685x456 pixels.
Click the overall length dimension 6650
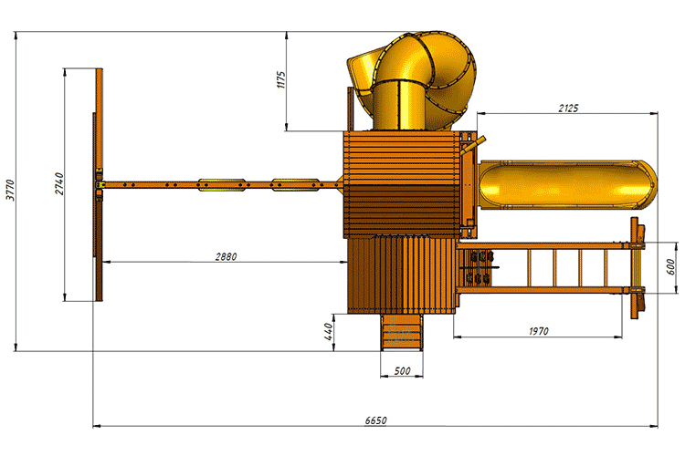pyautogui.click(x=375, y=420)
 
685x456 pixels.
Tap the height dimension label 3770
pyautogui.click(x=10, y=191)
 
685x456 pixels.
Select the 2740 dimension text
pyautogui.click(x=59, y=183)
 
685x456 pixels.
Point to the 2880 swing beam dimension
pyautogui.click(x=226, y=256)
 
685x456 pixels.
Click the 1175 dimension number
pyautogui.click(x=281, y=80)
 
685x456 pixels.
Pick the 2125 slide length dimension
pyautogui.click(x=568, y=108)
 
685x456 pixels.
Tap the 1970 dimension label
pyautogui.click(x=538, y=331)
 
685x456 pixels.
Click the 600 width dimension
pyautogui.click(x=670, y=266)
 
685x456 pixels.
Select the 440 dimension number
pyautogui.click(x=329, y=332)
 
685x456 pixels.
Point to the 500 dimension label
pyautogui.click(x=402, y=371)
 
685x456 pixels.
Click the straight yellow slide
pyautogui.click(x=567, y=184)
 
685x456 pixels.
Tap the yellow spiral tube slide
pyautogui.click(x=412, y=81)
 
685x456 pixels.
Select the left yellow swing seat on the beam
pyautogui.click(x=221, y=184)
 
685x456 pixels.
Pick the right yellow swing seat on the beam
pyautogui.click(x=295, y=184)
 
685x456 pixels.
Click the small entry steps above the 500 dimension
pyautogui.click(x=402, y=332)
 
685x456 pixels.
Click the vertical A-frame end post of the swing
pyautogui.click(x=99, y=184)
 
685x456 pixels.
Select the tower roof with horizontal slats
pyautogui.click(x=402, y=184)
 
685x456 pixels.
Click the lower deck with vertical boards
pyautogui.click(x=402, y=275)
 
